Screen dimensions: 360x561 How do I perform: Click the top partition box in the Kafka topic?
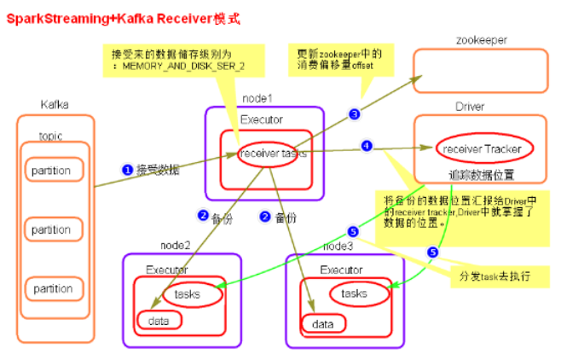[52, 170]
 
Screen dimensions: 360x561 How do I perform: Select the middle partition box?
[52, 229]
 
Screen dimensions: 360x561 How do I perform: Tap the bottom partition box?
[52, 288]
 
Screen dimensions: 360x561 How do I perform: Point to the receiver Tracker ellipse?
[483, 148]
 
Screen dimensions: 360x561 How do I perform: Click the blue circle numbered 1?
[126, 170]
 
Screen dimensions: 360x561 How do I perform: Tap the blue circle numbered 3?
[354, 113]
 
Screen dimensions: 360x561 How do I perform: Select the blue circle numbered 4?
[367, 146]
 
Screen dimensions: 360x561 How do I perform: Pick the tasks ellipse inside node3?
[354, 293]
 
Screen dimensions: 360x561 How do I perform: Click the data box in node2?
[159, 321]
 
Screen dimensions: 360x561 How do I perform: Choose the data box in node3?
[323, 324]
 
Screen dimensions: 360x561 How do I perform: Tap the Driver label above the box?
[471, 107]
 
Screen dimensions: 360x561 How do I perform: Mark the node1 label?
[261, 98]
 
